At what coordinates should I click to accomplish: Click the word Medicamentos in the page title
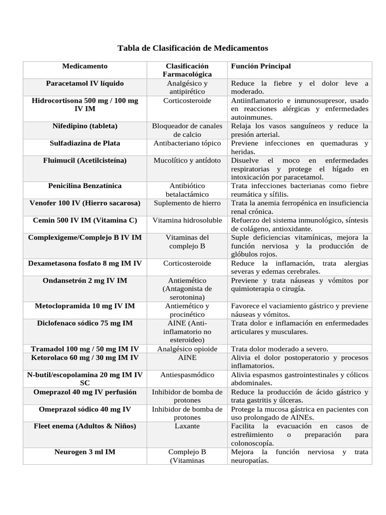(x=241, y=48)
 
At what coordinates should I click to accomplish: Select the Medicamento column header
(x=84, y=66)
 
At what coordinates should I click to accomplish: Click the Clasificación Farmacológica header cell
(x=186, y=70)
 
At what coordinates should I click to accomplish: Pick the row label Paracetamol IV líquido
(x=84, y=83)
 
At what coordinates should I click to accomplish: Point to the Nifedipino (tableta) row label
(x=84, y=126)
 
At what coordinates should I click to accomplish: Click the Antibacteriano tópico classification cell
(x=186, y=143)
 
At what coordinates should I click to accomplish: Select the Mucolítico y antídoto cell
(x=186, y=160)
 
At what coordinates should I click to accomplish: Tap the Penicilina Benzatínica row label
(x=84, y=186)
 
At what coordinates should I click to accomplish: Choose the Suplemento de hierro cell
(x=186, y=203)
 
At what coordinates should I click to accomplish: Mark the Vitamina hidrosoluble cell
(x=186, y=220)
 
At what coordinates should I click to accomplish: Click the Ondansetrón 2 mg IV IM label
(x=84, y=280)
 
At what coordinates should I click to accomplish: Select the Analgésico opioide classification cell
(x=186, y=349)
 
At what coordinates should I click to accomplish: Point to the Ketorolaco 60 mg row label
(x=84, y=358)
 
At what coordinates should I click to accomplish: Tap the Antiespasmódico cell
(x=186, y=375)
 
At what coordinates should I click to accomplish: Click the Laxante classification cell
(x=186, y=426)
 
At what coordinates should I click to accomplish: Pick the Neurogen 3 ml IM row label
(x=84, y=452)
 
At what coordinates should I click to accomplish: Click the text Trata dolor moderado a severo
(x=279, y=349)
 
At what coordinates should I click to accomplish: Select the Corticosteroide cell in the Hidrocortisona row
(x=186, y=101)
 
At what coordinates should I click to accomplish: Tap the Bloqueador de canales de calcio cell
(x=186, y=130)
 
